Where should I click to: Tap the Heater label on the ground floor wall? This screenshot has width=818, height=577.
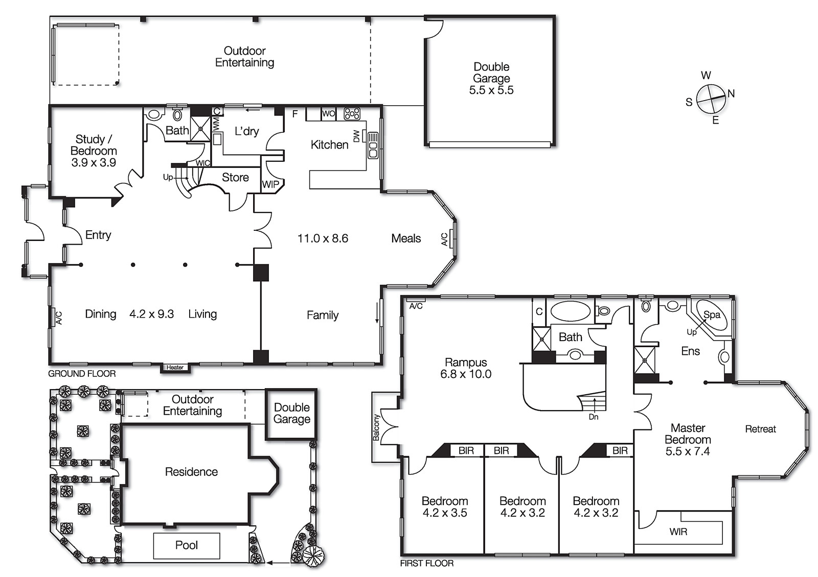pyautogui.click(x=175, y=368)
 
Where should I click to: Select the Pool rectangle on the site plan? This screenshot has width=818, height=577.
pyautogui.click(x=187, y=545)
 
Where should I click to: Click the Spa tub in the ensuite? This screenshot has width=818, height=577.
pyautogui.click(x=711, y=315)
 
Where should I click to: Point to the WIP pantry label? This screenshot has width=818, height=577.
pyautogui.click(x=270, y=184)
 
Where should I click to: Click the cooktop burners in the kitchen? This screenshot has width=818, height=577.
pyautogui.click(x=352, y=113)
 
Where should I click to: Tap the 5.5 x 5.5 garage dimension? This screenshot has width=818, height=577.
pyautogui.click(x=491, y=90)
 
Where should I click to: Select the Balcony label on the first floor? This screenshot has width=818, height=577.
pyautogui.click(x=376, y=427)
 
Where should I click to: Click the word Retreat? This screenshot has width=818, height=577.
pyautogui.click(x=760, y=429)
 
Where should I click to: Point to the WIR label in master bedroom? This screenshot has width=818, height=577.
pyautogui.click(x=678, y=532)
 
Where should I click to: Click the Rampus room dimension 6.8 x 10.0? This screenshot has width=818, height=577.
pyautogui.click(x=465, y=374)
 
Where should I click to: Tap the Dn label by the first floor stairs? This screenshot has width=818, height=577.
pyautogui.click(x=593, y=417)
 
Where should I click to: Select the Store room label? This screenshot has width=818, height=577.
pyautogui.click(x=235, y=178)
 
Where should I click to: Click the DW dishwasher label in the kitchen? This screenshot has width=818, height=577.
pyautogui.click(x=356, y=136)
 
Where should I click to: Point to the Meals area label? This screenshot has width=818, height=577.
pyautogui.click(x=406, y=238)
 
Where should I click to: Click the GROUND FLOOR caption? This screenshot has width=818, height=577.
pyautogui.click(x=82, y=374)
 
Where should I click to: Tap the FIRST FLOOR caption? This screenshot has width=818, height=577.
pyautogui.click(x=426, y=563)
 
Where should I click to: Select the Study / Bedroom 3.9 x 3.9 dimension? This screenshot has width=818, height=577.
pyautogui.click(x=93, y=163)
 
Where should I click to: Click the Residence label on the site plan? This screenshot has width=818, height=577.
pyautogui.click(x=191, y=472)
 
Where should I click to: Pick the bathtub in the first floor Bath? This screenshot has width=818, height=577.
pyautogui.click(x=570, y=311)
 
